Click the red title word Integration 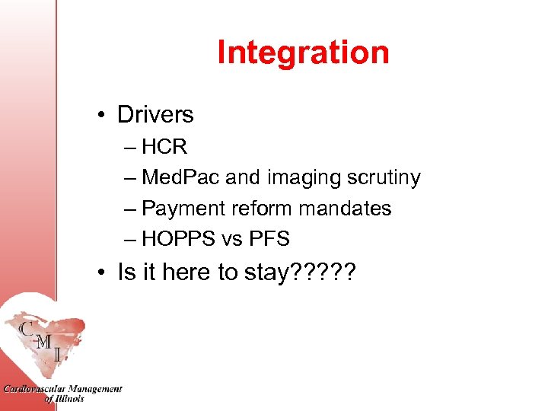[x=303, y=53]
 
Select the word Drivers [x=155, y=115]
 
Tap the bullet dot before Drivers [x=101, y=116]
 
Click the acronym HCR [x=164, y=147]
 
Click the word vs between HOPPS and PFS [x=231, y=240]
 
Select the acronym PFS [x=269, y=239]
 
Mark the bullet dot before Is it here [x=101, y=272]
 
